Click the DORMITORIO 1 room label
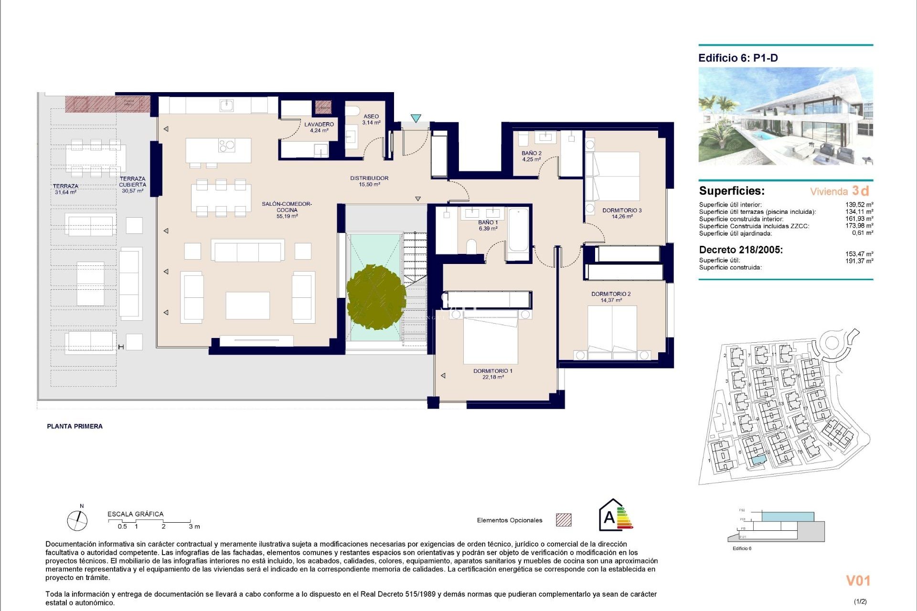pos(492,374)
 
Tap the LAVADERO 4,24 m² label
pos(319,127)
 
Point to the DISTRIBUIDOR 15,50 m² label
pos(369,181)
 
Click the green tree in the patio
pos(376,297)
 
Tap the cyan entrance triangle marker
pos(416,118)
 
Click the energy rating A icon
pos(615,516)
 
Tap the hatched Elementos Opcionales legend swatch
pos(564,520)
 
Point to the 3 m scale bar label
pos(194,527)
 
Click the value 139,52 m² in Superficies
pos(859,204)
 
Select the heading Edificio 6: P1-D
pos(738,58)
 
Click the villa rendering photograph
pos(786,116)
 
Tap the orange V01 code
pos(858,580)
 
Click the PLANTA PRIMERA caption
pos(75,426)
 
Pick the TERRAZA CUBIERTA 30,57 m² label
pos(132,185)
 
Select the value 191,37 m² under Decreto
pos(859,261)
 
